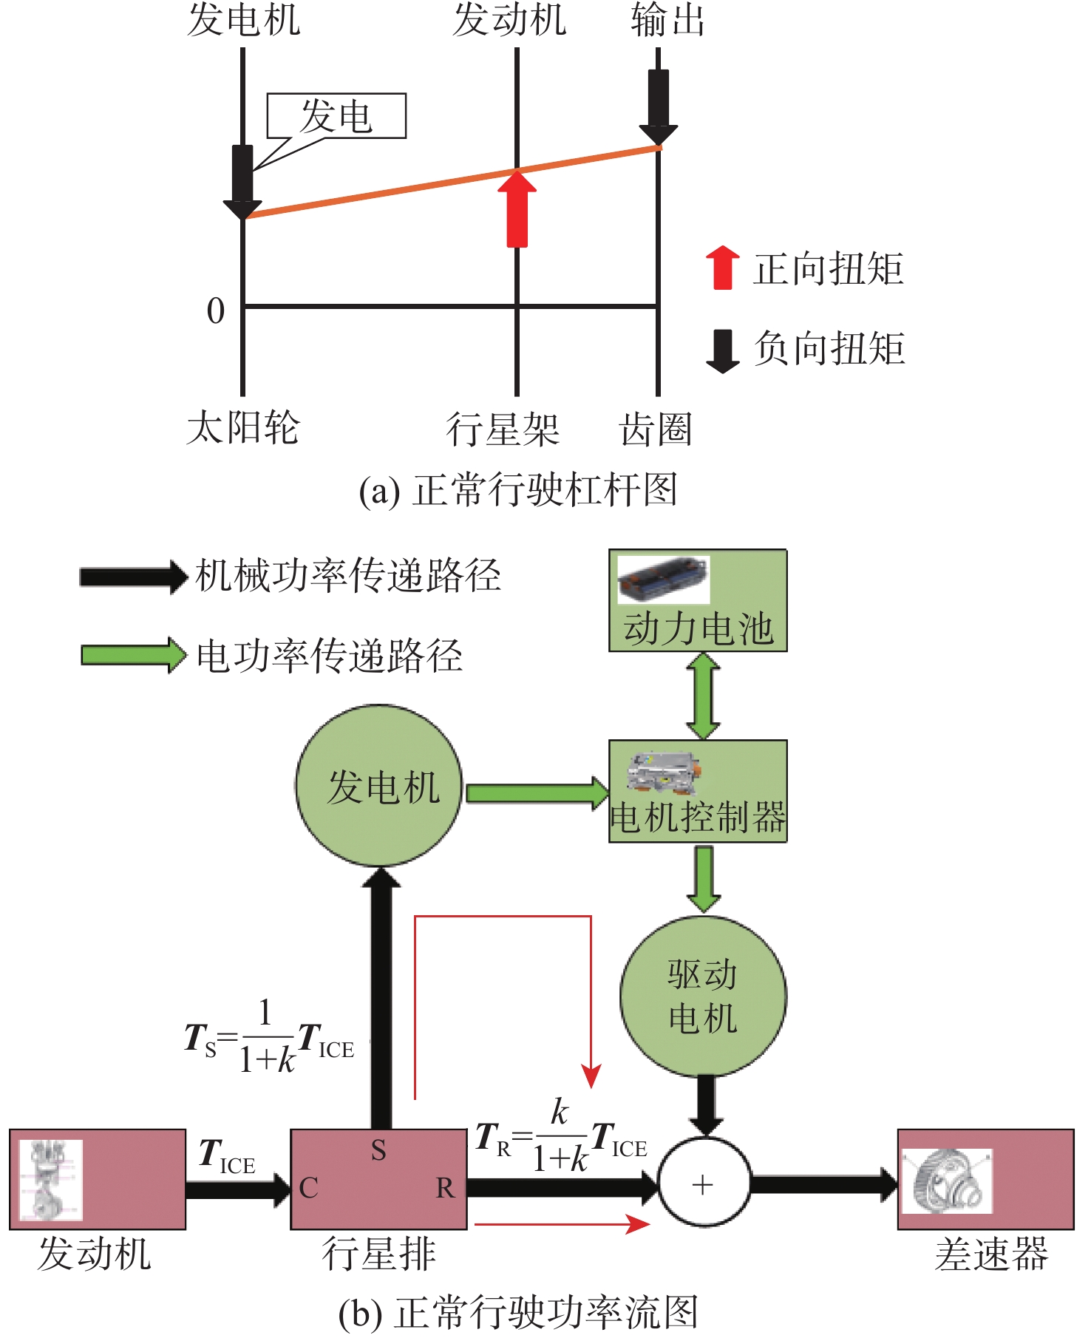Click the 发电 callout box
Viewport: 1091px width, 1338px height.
pyautogui.click(x=336, y=116)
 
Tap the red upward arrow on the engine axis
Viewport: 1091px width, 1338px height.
pyautogui.click(x=517, y=210)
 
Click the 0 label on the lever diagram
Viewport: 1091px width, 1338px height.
pyautogui.click(x=216, y=311)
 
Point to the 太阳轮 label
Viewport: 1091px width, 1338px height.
pyautogui.click(x=242, y=429)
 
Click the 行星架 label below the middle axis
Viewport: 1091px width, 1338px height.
pyautogui.click(x=502, y=430)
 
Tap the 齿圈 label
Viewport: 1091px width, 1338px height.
pyautogui.click(x=655, y=430)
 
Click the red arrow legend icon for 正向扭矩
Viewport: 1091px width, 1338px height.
pyautogui.click(x=722, y=267)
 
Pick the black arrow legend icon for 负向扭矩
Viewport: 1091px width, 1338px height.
pyautogui.click(x=722, y=350)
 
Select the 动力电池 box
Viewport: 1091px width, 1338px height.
pyautogui.click(x=697, y=600)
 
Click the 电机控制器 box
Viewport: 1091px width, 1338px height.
pyautogui.click(x=697, y=791)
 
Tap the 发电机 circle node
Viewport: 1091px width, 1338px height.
pyautogui.click(x=379, y=785)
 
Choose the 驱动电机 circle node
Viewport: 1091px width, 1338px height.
pyautogui.click(x=703, y=996)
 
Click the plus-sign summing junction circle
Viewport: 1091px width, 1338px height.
pyautogui.click(x=703, y=1185)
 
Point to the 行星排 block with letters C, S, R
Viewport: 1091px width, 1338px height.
pyautogui.click(x=378, y=1179)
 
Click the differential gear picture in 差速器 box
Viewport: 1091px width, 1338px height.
pyautogui.click(x=947, y=1181)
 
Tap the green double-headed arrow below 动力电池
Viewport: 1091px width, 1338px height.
pyautogui.click(x=703, y=696)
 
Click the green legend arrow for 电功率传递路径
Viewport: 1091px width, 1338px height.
pyautogui.click(x=133, y=655)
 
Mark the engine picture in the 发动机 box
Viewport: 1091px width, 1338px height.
pyautogui.click(x=50, y=1180)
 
